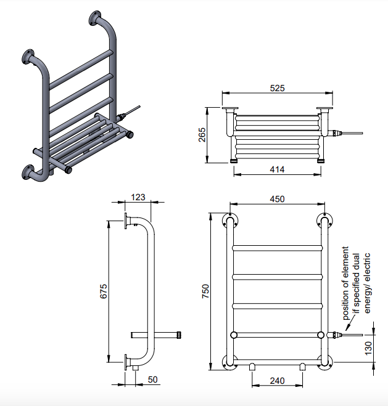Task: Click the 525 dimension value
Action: click(x=277, y=89)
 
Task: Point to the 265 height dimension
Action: click(x=203, y=136)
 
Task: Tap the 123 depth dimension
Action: click(x=138, y=197)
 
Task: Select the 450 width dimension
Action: click(x=277, y=199)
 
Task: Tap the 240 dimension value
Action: click(x=277, y=381)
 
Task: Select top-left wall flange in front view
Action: click(x=229, y=221)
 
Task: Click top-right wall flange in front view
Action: click(x=324, y=221)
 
